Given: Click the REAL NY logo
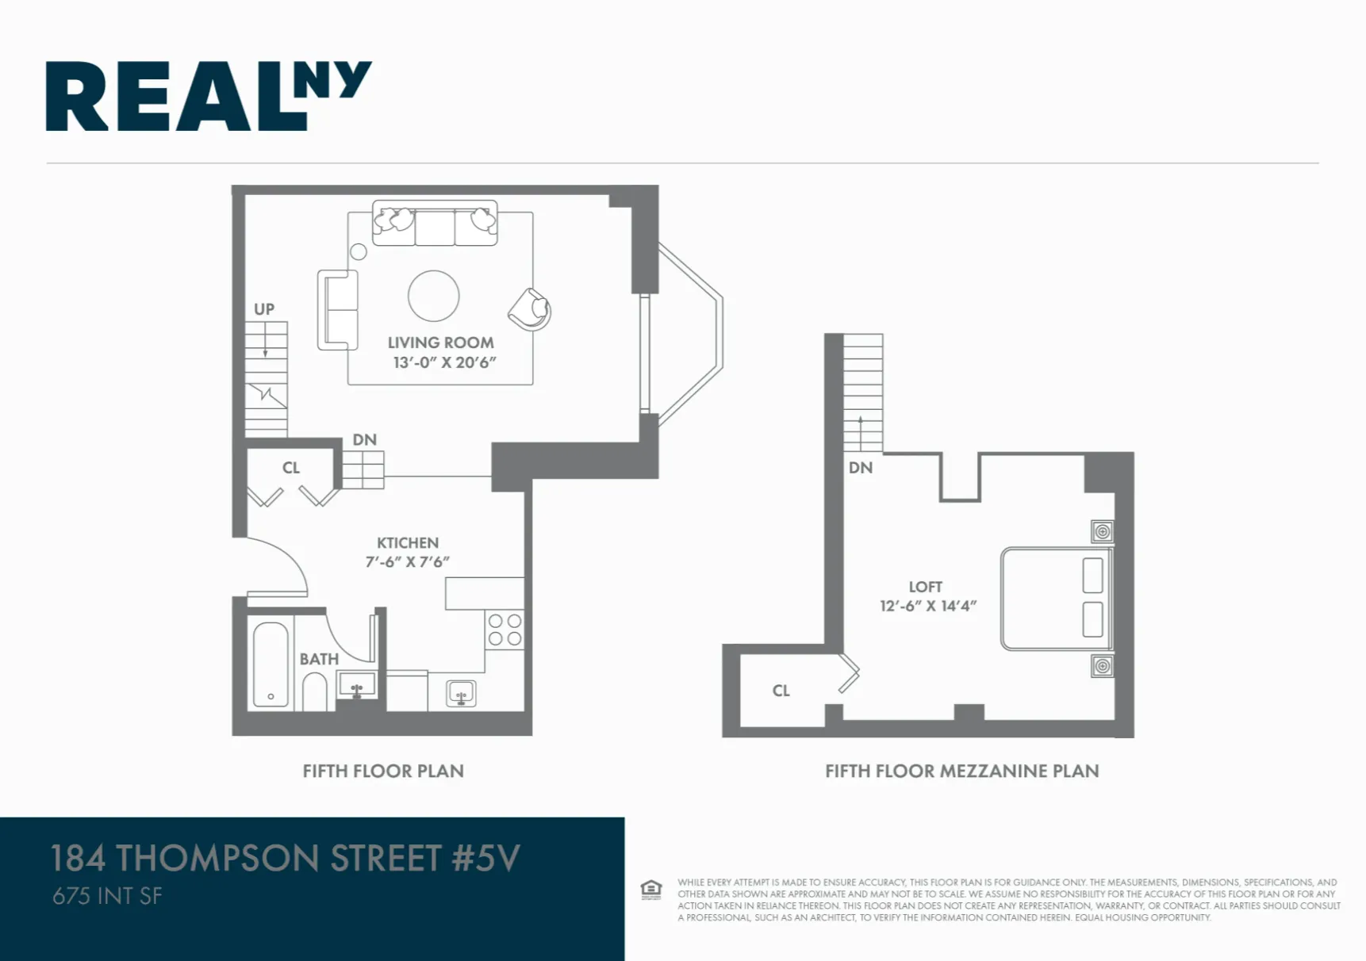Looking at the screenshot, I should [x=208, y=96].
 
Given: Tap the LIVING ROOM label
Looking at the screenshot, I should [x=440, y=343].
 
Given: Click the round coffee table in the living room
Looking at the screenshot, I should [x=433, y=296].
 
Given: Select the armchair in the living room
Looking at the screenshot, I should [x=529, y=309].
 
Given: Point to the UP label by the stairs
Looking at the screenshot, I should [x=264, y=309].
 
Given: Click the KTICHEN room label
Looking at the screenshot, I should [x=407, y=543].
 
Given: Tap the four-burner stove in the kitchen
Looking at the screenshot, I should [x=505, y=630].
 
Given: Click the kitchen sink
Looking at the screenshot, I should [x=461, y=693].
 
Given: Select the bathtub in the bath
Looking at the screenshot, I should [x=271, y=664].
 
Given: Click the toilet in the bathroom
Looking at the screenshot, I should [x=315, y=691].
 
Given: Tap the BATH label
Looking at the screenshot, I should [x=319, y=659].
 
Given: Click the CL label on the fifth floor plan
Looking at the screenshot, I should [x=291, y=468].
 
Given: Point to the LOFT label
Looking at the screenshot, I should [x=925, y=587].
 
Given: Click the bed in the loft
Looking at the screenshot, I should [x=1055, y=599].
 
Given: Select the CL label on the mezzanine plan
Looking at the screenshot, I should [x=781, y=691].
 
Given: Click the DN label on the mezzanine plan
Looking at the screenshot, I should [x=860, y=468].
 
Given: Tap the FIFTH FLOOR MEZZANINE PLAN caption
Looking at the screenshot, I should [x=961, y=771].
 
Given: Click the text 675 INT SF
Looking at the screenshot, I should [x=107, y=896].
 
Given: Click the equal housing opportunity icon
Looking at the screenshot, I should [x=650, y=890].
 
